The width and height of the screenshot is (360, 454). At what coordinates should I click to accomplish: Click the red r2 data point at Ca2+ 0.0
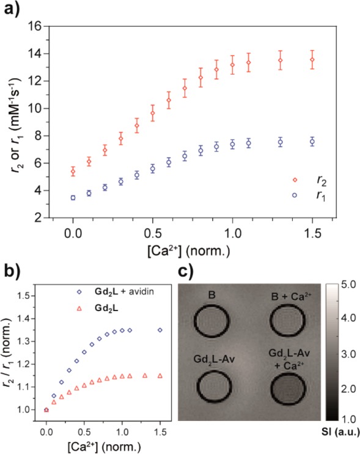click(73, 172)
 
